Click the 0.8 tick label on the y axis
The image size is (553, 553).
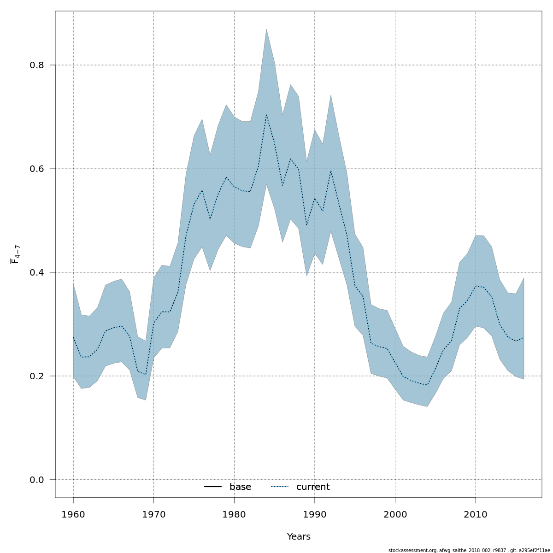pos(36,65)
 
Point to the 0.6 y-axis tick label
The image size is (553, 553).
pos(36,169)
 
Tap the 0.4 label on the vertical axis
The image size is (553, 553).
pos(36,272)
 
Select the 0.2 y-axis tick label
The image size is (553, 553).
pos(36,376)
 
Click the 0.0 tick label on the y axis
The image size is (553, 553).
pos(36,480)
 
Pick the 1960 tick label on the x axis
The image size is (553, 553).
pos(73,514)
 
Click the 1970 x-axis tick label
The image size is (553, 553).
pos(153,514)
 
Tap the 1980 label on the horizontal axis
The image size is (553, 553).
pos(234,514)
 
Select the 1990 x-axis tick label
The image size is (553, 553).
pos(314,514)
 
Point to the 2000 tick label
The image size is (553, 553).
pos(395,514)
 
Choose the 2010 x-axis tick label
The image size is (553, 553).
pos(475,514)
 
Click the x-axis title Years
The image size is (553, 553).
pos(299,537)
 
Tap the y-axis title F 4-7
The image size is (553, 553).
pos(15,254)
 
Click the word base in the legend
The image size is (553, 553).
pos(240,487)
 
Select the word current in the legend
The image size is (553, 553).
pos(313,487)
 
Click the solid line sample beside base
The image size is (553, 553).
pos(213,487)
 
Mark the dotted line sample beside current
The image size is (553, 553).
pos(279,487)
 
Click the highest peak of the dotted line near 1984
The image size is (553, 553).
pos(266,114)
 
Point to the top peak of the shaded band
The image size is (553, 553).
pos(266,29)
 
